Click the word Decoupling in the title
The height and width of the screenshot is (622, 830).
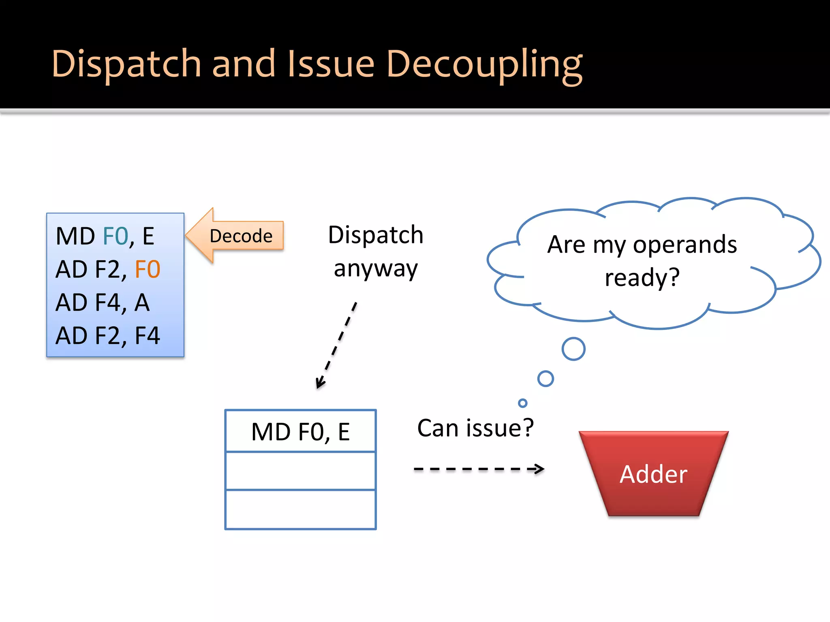tap(484, 65)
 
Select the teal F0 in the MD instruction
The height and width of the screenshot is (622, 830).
tap(116, 236)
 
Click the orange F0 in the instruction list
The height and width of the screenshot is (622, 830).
tap(148, 269)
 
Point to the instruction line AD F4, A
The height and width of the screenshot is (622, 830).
tap(103, 302)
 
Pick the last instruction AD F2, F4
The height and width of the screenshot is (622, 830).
tap(108, 336)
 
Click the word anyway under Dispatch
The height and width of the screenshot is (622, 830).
tap(376, 269)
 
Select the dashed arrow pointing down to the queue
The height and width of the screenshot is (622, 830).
tap(336, 345)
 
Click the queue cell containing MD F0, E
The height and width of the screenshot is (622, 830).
tap(300, 431)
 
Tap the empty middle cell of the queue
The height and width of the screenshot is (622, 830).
tap(300, 471)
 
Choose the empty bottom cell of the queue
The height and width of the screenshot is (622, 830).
tap(300, 509)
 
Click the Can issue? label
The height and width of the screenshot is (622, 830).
tap(475, 428)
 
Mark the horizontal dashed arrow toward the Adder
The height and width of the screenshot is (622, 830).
tap(478, 469)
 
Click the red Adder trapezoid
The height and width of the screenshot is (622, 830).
tap(653, 474)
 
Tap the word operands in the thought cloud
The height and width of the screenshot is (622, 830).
tap(685, 245)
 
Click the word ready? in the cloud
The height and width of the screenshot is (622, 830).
tap(642, 278)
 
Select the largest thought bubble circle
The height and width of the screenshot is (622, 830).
tap(573, 349)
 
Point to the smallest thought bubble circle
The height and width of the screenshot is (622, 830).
tap(522, 403)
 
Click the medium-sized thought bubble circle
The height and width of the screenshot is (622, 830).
tap(545, 379)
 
